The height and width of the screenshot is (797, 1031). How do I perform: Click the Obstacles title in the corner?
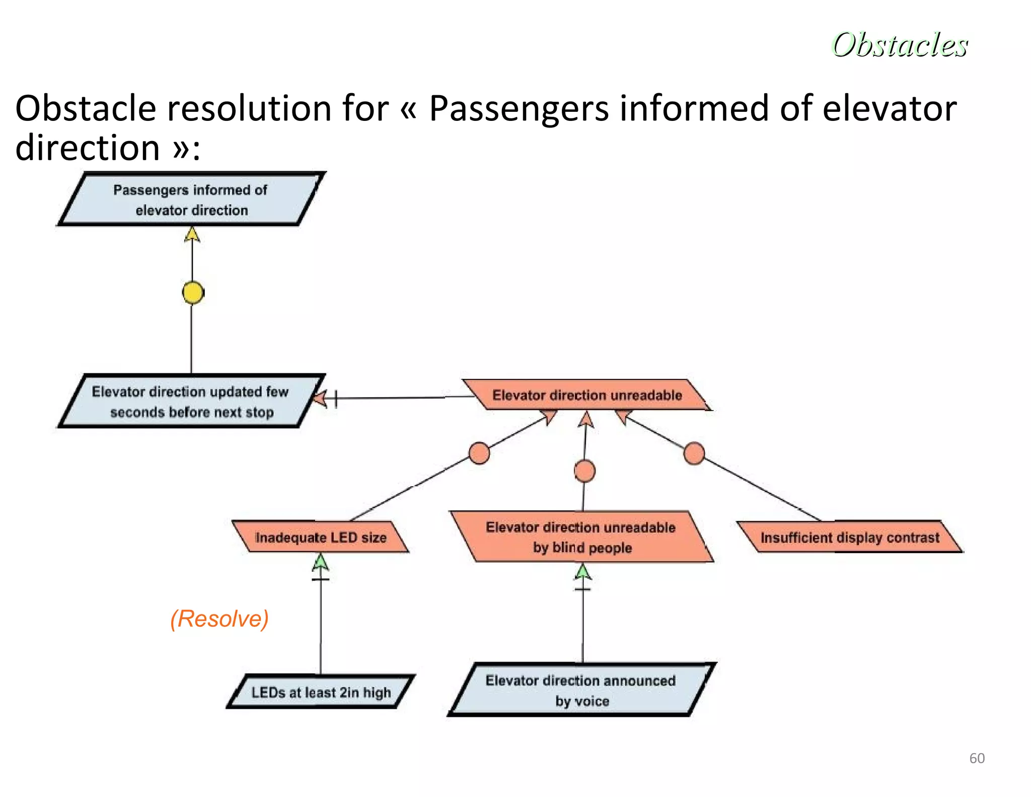pyautogui.click(x=899, y=45)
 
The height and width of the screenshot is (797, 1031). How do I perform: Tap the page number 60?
pyautogui.click(x=977, y=758)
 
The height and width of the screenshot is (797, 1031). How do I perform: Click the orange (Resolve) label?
pyautogui.click(x=219, y=619)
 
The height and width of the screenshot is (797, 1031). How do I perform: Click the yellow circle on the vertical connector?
pyautogui.click(x=193, y=293)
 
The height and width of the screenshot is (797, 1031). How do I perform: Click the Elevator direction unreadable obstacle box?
pyautogui.click(x=586, y=395)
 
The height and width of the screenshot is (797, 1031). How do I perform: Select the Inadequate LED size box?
pyautogui.click(x=321, y=537)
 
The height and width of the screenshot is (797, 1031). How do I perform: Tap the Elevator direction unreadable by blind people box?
pyautogui.click(x=581, y=537)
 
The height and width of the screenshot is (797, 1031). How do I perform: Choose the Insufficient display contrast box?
pyautogui.click(x=850, y=537)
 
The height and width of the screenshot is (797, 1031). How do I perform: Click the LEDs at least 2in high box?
pyautogui.click(x=321, y=692)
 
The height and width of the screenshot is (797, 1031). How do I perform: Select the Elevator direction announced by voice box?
pyautogui.click(x=581, y=690)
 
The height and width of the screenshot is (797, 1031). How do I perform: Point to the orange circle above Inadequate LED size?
pyautogui.click(x=479, y=453)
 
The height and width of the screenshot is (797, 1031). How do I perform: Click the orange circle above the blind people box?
pyautogui.click(x=584, y=472)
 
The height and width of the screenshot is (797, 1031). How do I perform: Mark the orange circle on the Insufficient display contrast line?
pyautogui.click(x=694, y=453)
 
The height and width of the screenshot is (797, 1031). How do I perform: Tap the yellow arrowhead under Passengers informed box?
pyautogui.click(x=192, y=235)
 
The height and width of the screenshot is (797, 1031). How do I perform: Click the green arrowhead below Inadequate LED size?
pyautogui.click(x=321, y=562)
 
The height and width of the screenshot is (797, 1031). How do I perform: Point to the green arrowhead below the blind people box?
pyautogui.click(x=583, y=572)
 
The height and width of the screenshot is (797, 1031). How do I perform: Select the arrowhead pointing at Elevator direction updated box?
pyautogui.click(x=320, y=399)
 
